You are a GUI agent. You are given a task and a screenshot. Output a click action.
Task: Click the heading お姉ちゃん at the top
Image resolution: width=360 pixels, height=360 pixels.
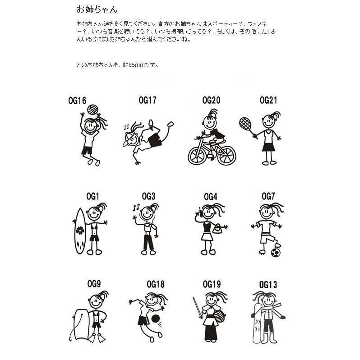[x=97, y=9]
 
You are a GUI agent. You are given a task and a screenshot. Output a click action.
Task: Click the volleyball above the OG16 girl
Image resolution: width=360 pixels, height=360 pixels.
[x=93, y=110]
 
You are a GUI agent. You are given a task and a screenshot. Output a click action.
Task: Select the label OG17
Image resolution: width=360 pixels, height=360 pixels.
[x=148, y=100]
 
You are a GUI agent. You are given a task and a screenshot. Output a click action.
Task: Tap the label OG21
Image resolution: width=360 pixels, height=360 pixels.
[x=268, y=100]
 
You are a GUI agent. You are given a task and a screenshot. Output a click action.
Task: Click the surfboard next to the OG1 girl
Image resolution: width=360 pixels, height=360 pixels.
[x=80, y=231]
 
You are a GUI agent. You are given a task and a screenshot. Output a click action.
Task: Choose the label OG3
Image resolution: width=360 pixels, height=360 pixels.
[x=148, y=196]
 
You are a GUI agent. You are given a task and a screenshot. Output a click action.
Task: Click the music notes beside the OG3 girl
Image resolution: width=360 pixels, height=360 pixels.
[x=136, y=208]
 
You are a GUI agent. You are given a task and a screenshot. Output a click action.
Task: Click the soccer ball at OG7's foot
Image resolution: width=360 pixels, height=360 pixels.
[x=275, y=252]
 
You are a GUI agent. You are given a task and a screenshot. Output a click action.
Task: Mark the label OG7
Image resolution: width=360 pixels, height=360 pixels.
[x=268, y=196]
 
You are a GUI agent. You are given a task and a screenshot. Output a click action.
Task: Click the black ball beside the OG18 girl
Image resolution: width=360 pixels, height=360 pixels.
[x=155, y=319]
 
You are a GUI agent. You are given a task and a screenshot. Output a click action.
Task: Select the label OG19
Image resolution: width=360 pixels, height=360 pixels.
[x=212, y=284]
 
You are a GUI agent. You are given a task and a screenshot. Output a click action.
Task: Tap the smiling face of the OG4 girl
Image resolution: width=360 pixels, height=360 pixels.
[x=209, y=212]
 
